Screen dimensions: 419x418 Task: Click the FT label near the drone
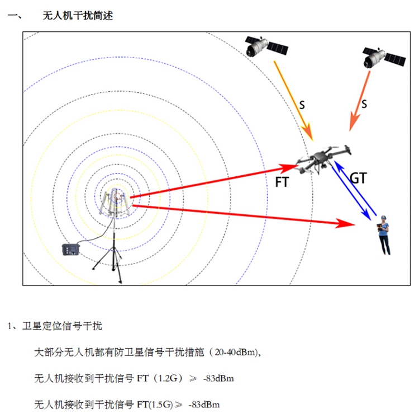pos(283,181)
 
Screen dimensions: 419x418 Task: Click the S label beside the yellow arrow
pos(302,105)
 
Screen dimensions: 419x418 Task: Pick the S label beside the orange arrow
pos(364,104)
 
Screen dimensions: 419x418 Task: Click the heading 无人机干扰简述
pos(78,16)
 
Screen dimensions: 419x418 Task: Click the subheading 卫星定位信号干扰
pos(61,326)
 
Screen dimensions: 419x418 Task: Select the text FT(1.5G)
pos(156,405)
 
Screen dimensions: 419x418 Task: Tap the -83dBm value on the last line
pos(204,405)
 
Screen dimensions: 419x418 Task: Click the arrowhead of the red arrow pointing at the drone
pos(292,166)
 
